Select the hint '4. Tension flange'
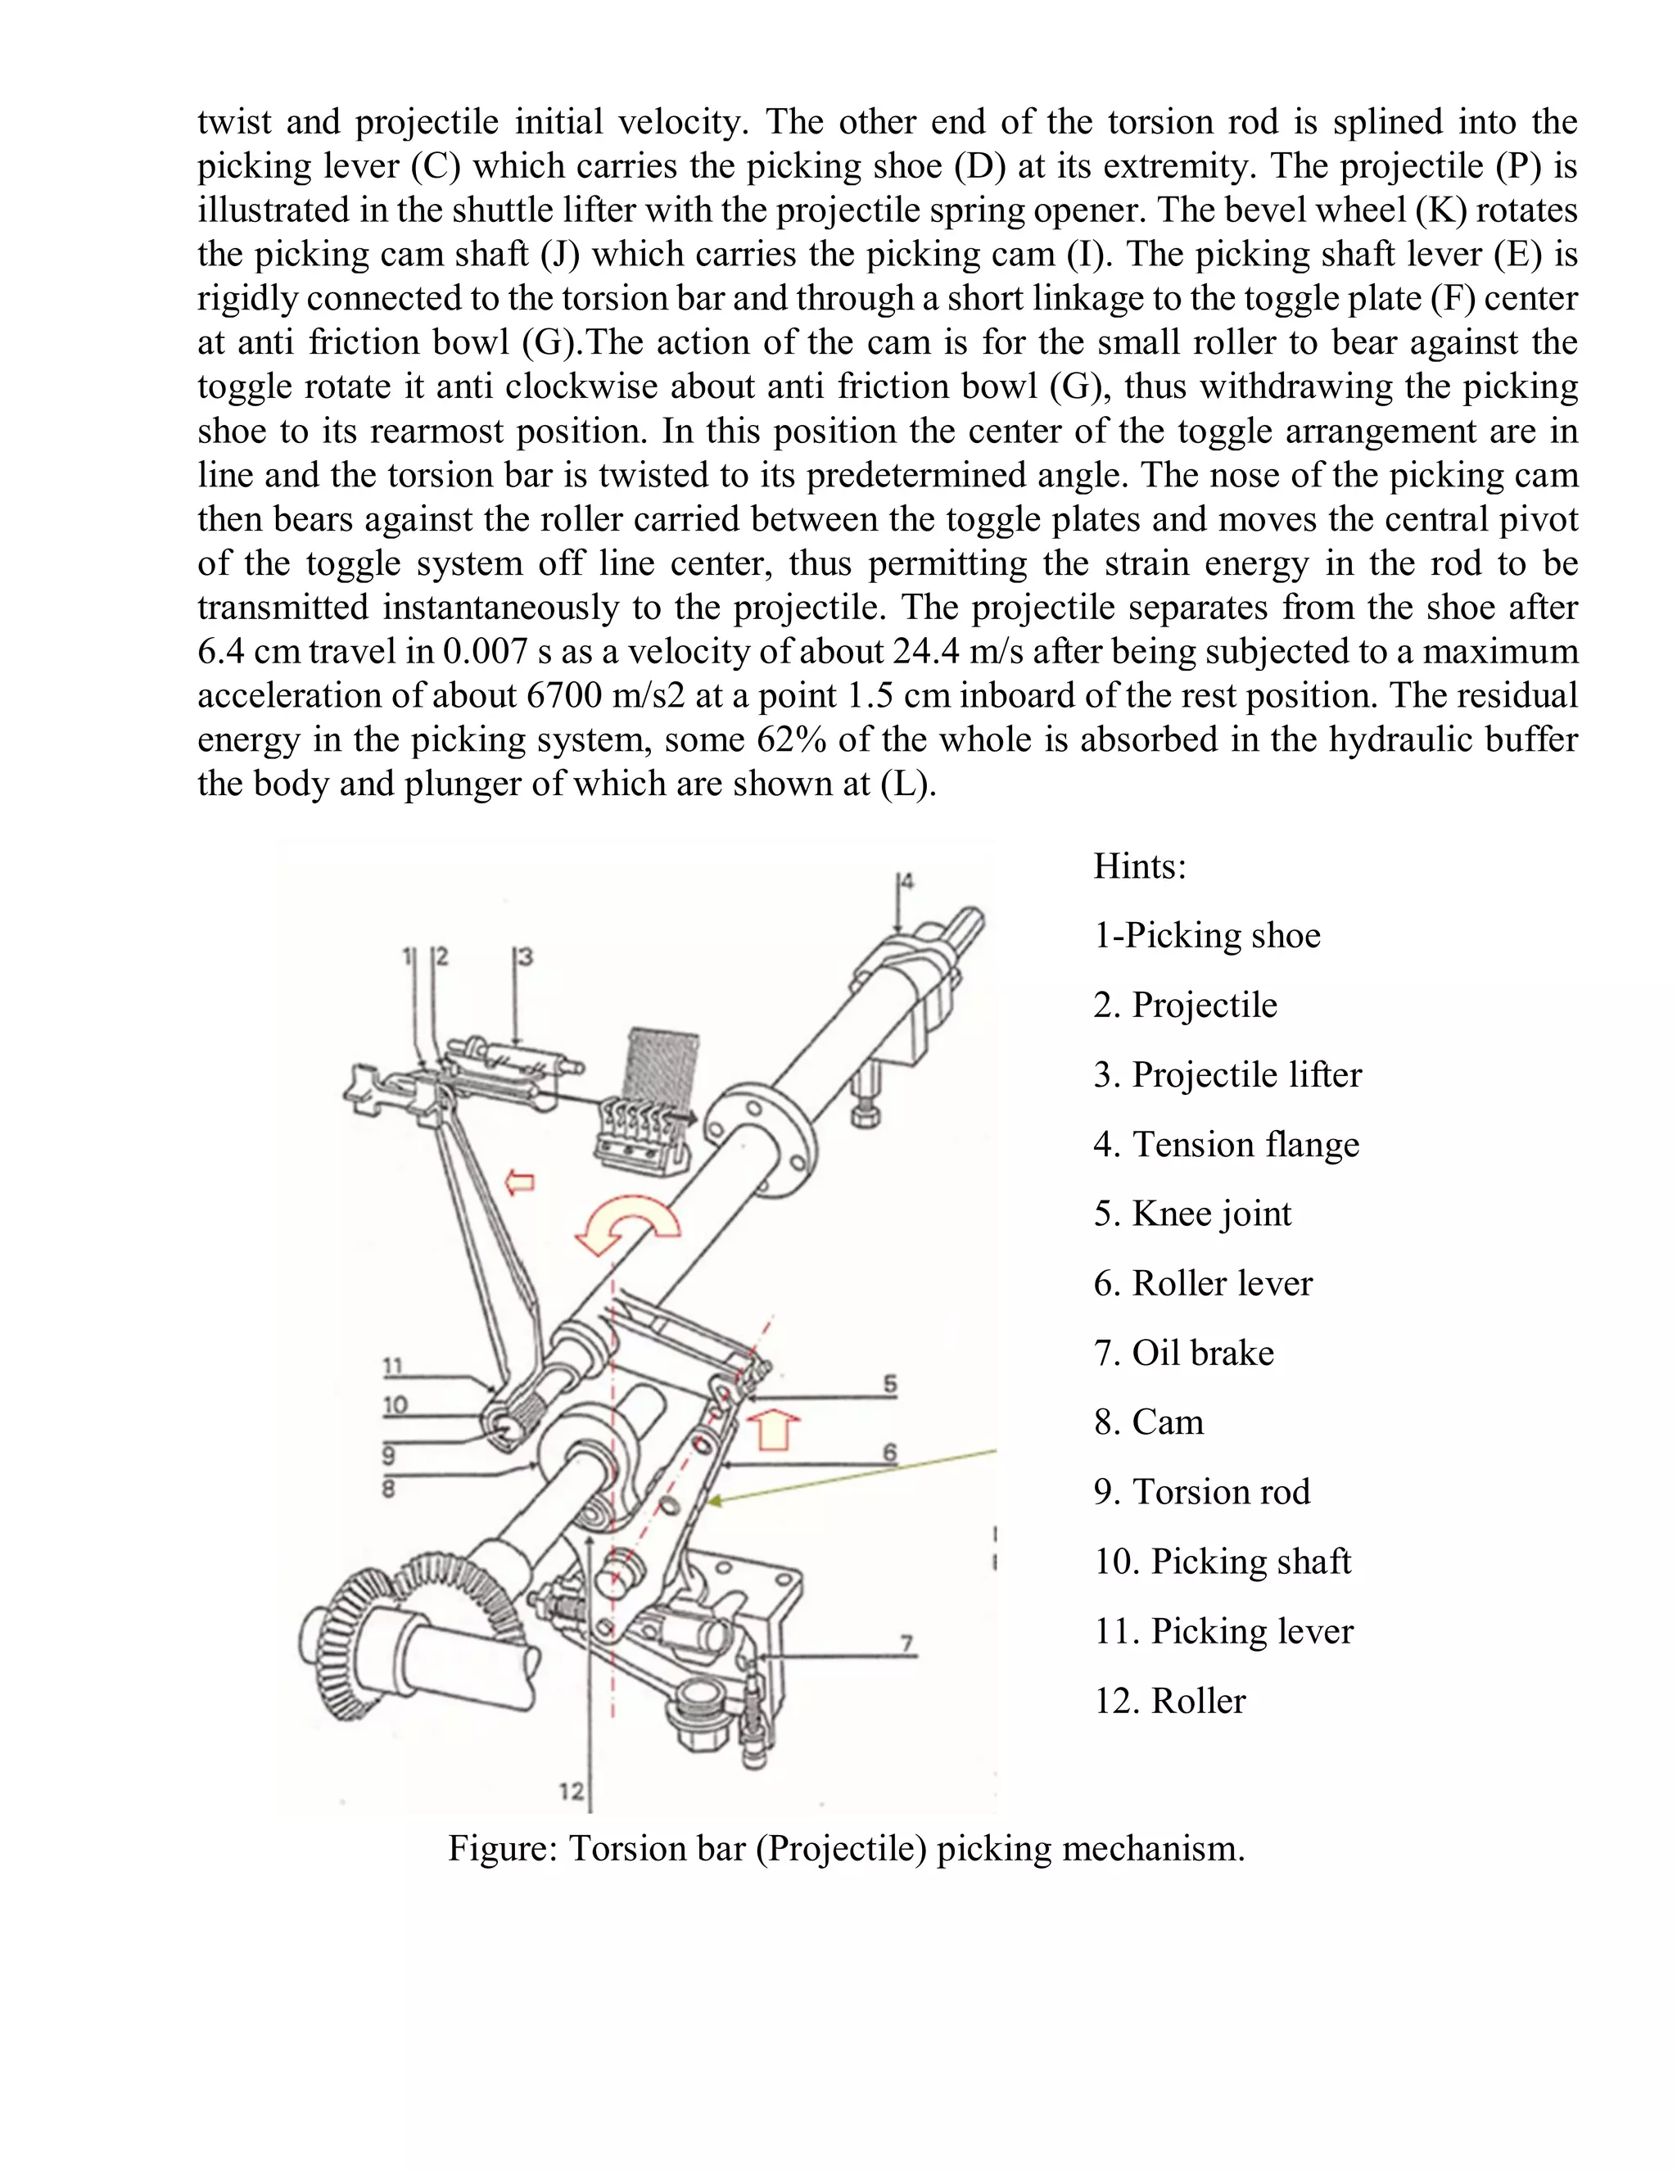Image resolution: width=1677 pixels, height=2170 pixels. click(1226, 1144)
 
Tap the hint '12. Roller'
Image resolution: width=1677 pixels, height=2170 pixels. click(1169, 1700)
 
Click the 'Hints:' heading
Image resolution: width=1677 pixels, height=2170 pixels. click(1140, 866)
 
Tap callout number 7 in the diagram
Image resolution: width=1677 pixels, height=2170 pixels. click(906, 1643)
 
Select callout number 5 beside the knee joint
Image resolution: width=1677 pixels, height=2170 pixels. click(889, 1383)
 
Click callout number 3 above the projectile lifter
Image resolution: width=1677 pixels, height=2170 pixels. click(526, 956)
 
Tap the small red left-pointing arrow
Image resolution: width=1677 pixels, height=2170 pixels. click(520, 1182)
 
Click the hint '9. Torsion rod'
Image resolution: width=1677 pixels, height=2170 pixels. click(1201, 1491)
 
